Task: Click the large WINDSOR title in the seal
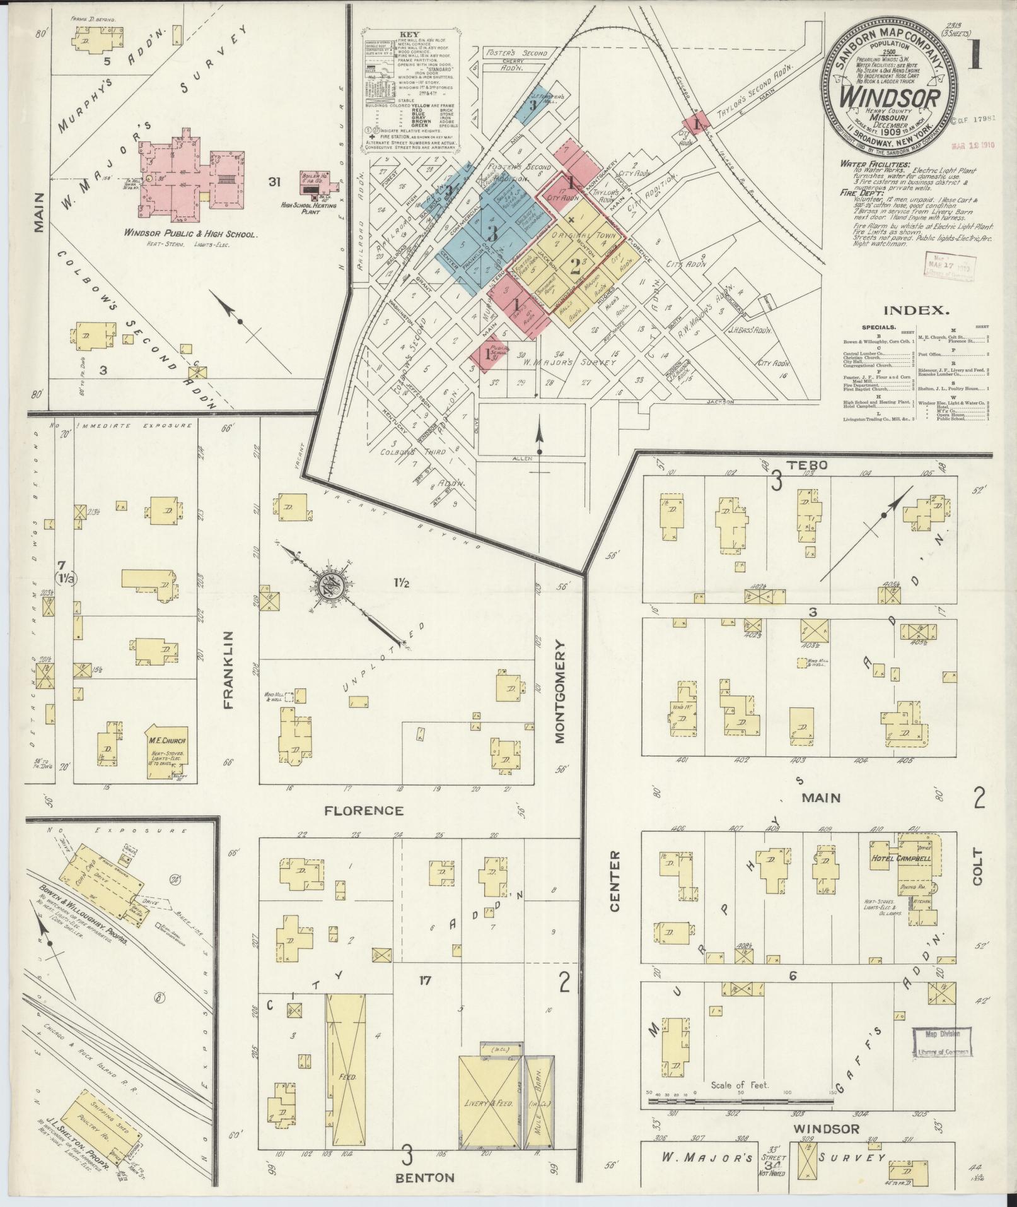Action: click(x=890, y=98)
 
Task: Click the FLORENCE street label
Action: click(x=363, y=810)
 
